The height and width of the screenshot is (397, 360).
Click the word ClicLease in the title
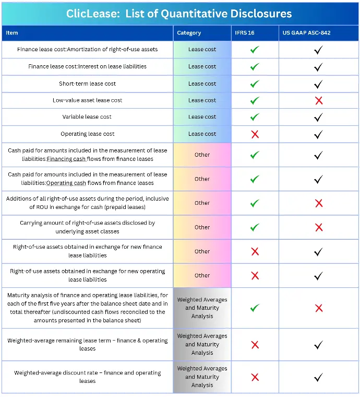(x=93, y=14)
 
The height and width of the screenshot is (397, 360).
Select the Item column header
(x=12, y=33)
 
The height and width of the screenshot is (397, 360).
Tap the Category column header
(x=189, y=33)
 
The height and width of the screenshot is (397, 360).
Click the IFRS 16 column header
(x=246, y=33)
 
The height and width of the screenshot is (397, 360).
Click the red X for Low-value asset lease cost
(x=318, y=100)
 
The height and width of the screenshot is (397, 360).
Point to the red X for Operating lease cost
(x=255, y=134)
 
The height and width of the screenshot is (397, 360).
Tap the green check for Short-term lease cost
(x=255, y=84)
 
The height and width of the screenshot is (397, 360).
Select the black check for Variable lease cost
(x=318, y=117)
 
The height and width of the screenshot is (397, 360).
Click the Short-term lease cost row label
(x=87, y=84)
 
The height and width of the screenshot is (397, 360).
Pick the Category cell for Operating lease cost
(x=202, y=134)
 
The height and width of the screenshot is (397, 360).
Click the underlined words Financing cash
(x=66, y=159)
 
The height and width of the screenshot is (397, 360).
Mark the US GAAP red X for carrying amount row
(x=318, y=227)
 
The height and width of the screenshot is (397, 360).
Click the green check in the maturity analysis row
(x=255, y=308)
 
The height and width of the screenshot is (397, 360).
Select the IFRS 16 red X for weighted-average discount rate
(x=255, y=377)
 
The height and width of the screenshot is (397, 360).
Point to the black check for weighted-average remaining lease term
(x=318, y=345)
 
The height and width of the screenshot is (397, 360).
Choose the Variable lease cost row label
(x=87, y=117)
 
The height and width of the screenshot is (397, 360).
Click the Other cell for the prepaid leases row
(x=202, y=203)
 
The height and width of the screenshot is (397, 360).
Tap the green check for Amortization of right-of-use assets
(x=255, y=50)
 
